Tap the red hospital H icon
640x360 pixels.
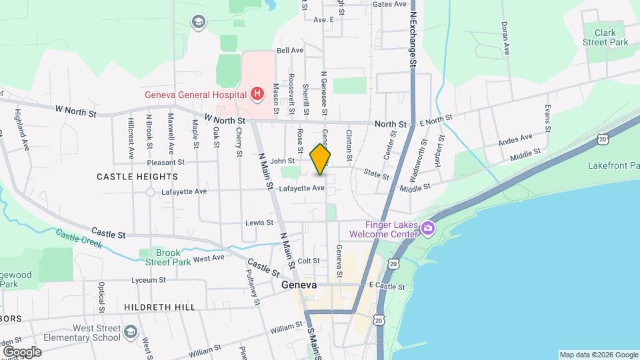click(257, 95)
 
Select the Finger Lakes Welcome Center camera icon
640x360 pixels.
click(427, 229)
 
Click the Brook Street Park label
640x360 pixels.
click(168, 257)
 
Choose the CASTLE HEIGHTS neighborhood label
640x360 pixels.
click(137, 177)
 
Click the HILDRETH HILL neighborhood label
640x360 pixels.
click(159, 307)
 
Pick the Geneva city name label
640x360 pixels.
click(298, 285)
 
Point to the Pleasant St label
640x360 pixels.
click(166, 162)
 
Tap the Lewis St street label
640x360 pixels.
click(259, 222)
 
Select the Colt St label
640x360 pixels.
click(309, 261)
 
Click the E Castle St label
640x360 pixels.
click(387, 286)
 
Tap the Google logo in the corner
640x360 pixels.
click(22, 351)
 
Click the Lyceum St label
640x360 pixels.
click(147, 280)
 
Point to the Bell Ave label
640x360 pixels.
click(290, 50)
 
